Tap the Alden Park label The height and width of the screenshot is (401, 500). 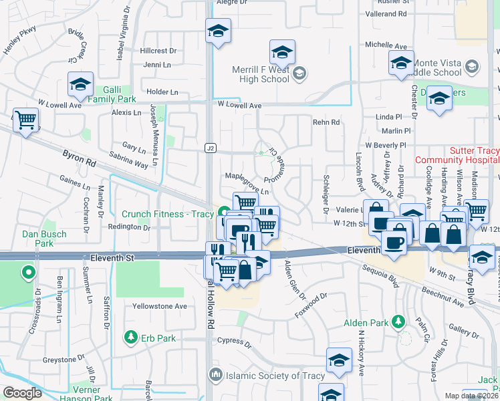pos(366,323)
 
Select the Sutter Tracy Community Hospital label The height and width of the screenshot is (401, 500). pos(457,156)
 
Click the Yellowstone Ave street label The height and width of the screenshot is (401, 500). pos(160,306)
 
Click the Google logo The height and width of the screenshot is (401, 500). pos(22,393)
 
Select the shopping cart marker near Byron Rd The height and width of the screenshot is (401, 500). pos(26,120)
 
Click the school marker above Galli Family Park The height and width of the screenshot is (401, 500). pos(80,85)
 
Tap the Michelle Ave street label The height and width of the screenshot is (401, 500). pos(386,46)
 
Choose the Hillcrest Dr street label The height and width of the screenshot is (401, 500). pos(158,51)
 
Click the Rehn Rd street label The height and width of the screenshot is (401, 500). pos(326,122)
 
